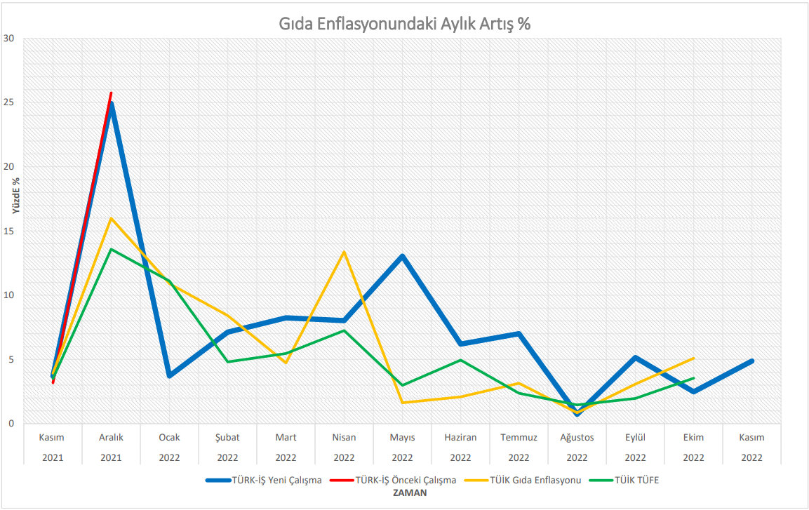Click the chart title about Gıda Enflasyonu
pyautogui.click(x=405, y=23)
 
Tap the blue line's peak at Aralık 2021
pyautogui.click(x=111, y=105)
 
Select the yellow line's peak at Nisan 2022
pyautogui.click(x=344, y=252)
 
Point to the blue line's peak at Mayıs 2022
pyautogui.click(x=402, y=256)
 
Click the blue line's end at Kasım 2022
pyautogui.click(x=751, y=361)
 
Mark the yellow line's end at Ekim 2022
pyautogui.click(x=693, y=358)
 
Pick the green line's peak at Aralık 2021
pyautogui.click(x=111, y=249)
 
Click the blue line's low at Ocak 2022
pyautogui.click(x=169, y=376)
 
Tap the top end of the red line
pyautogui.click(x=111, y=93)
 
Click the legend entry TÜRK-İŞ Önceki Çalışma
pyautogui.click(x=406, y=481)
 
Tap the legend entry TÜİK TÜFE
pyautogui.click(x=636, y=481)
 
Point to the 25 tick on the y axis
pyautogui.click(x=8, y=102)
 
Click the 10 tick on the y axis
pyautogui.click(x=8, y=295)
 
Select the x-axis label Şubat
pyautogui.click(x=227, y=437)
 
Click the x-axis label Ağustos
pyautogui.click(x=577, y=437)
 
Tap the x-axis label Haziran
pyautogui.click(x=460, y=437)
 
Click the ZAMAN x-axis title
pyautogui.click(x=405, y=493)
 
